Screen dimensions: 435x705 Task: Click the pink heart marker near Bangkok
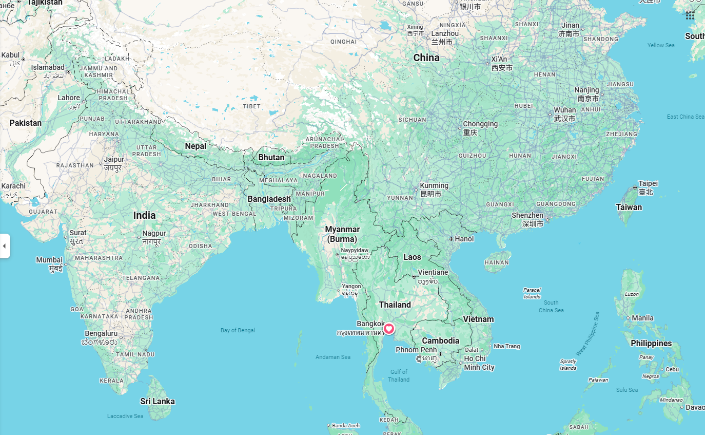(389, 329)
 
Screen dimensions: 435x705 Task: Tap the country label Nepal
(195, 146)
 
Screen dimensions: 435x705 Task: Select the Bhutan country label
(271, 157)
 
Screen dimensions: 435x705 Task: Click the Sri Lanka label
(158, 402)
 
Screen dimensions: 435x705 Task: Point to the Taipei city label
(648, 184)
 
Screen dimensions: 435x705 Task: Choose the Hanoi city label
(464, 239)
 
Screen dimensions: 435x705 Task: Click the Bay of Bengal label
(238, 330)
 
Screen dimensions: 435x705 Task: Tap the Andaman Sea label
(333, 357)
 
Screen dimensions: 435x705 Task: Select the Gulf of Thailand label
(399, 375)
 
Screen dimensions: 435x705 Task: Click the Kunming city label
(434, 186)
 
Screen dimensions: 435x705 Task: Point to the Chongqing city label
(480, 124)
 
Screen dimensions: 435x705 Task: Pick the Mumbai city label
(49, 260)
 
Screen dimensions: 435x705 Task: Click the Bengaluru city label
(101, 334)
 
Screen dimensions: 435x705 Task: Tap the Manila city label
(642, 318)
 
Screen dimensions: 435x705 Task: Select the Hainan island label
(497, 262)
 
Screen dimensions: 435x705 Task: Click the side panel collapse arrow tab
(5, 246)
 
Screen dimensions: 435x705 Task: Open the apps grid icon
(690, 15)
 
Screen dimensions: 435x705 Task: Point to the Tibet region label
(252, 106)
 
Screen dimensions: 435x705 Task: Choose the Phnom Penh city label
(416, 350)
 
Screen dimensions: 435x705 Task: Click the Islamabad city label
(48, 67)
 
